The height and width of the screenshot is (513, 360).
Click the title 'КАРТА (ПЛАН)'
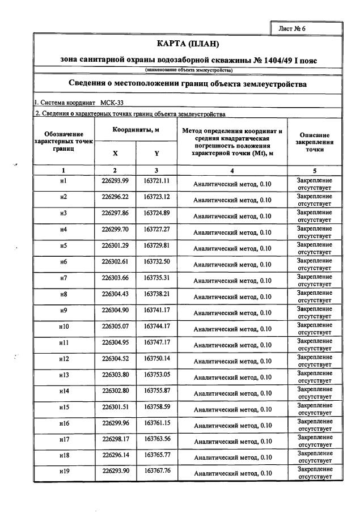tap(187, 44)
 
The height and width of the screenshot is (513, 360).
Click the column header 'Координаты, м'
tap(135, 130)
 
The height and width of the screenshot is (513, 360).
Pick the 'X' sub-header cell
tap(115, 153)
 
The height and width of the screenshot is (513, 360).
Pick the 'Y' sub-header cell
tap(156, 153)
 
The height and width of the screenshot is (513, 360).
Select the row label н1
tap(63, 181)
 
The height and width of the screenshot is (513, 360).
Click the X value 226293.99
tap(115, 181)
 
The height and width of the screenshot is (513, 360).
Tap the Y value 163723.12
tap(157, 197)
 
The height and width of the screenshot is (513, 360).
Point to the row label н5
tap(63, 245)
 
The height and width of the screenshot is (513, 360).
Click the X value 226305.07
tap(115, 327)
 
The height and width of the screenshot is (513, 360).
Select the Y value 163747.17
tap(157, 342)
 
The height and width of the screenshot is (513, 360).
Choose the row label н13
tap(63, 375)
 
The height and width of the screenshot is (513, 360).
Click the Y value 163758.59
tap(157, 407)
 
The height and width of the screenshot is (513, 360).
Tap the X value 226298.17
tap(115, 439)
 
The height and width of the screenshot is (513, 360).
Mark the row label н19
tap(63, 472)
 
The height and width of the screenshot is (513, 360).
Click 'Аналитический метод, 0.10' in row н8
tap(232, 296)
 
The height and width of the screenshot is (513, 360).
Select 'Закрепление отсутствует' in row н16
tap(315, 424)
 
